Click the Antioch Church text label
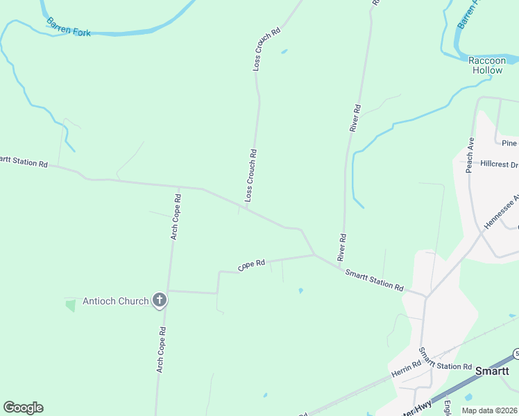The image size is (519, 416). [x=115, y=301]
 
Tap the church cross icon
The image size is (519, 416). [x=160, y=300]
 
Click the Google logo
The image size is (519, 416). [x=23, y=408]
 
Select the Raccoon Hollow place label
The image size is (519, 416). [x=487, y=65]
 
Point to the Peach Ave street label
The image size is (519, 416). [x=470, y=154]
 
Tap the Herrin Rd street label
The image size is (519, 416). [x=407, y=370]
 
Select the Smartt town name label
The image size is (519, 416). [x=493, y=371]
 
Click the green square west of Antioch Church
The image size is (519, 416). [x=70, y=305]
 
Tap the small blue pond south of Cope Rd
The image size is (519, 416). [x=300, y=291]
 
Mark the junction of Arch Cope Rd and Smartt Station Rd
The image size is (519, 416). [x=178, y=187]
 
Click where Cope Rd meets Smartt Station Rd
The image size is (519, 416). [x=314, y=254]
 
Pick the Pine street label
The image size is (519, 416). [x=509, y=144]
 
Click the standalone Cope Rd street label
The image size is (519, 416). [x=251, y=265]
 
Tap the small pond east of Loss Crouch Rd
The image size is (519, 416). [x=283, y=51]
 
